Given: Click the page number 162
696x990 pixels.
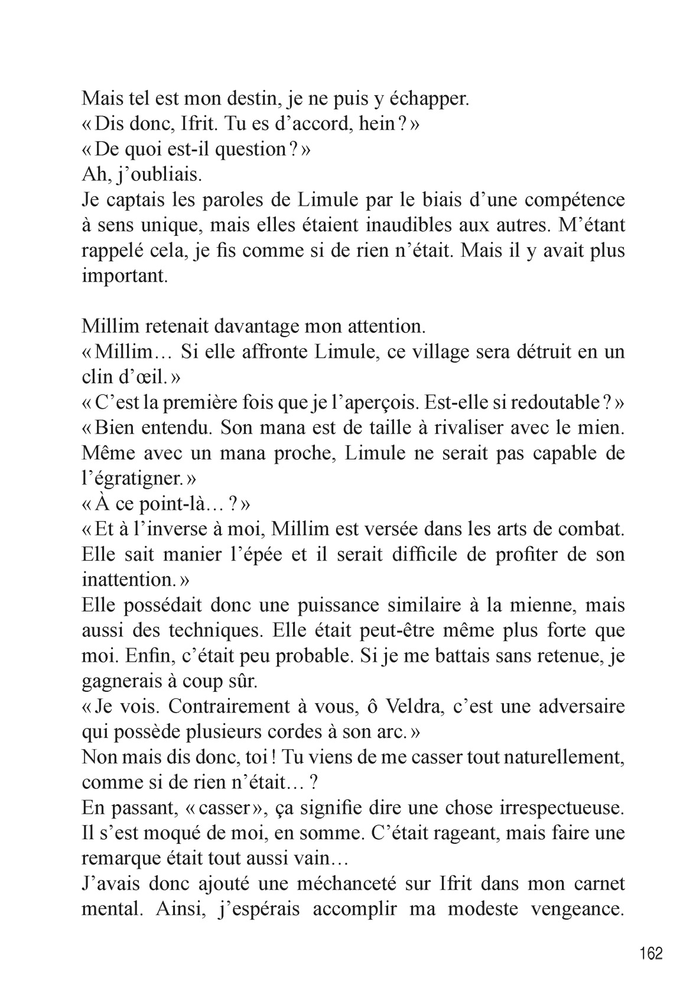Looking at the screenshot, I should click(x=651, y=953).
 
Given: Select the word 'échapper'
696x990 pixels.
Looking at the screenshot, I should click(x=425, y=99).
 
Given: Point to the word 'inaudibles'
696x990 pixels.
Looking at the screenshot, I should click(x=457, y=225).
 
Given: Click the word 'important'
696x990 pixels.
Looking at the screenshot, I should click(x=125, y=276).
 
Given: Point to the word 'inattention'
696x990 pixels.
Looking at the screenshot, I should click(x=129, y=580).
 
